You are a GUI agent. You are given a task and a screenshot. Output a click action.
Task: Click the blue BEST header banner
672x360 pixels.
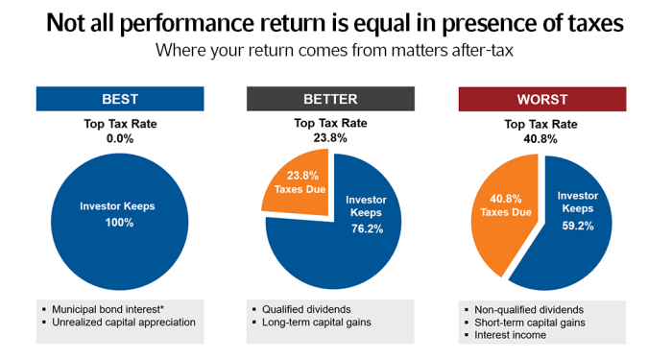(x=119, y=99)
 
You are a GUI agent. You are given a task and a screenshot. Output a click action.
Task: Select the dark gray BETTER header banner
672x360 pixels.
(x=330, y=99)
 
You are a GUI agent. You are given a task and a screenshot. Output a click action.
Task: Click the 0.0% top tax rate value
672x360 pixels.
(x=119, y=137)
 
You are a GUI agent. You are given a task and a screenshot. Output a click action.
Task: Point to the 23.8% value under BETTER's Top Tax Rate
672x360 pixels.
(x=330, y=137)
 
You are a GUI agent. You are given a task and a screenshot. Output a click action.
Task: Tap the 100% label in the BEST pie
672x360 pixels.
(x=120, y=222)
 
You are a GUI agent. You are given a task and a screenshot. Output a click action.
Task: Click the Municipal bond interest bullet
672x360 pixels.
(x=116, y=308)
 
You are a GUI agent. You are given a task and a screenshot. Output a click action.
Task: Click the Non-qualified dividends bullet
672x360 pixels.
(x=529, y=309)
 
